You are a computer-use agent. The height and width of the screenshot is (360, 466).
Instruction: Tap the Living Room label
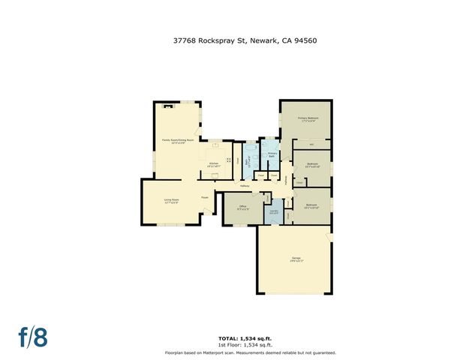click(x=172, y=201)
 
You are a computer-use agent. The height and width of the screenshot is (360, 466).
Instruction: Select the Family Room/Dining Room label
click(x=178, y=141)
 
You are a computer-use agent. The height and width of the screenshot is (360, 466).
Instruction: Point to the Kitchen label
click(x=213, y=164)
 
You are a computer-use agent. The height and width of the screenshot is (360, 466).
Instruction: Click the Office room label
click(x=242, y=208)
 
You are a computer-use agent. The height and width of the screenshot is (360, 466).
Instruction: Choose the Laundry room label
click(x=275, y=212)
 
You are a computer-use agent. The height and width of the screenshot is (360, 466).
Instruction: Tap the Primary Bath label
click(x=272, y=154)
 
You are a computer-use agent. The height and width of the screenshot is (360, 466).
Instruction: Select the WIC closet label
click(x=311, y=143)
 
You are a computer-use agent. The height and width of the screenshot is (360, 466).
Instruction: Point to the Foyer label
click(x=204, y=197)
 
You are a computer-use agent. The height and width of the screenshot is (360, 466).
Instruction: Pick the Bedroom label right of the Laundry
click(x=311, y=205)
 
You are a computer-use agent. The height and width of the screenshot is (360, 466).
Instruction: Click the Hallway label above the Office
click(x=245, y=186)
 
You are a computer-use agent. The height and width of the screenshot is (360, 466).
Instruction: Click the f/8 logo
click(x=33, y=337)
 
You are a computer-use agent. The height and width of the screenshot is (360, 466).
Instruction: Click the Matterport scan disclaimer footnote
click(x=251, y=352)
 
